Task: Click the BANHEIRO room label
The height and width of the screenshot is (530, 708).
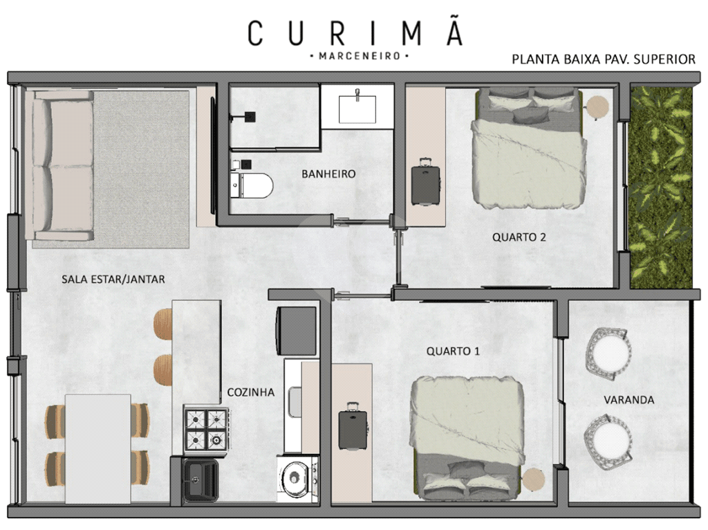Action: pyautogui.click(x=328, y=174)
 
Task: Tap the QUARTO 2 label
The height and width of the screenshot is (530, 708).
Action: pyautogui.click(x=519, y=237)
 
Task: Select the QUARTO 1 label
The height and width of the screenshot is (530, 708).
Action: pyautogui.click(x=453, y=351)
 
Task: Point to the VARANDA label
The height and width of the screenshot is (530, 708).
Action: pyautogui.click(x=629, y=400)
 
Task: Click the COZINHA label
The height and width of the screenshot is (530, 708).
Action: pyautogui.click(x=250, y=392)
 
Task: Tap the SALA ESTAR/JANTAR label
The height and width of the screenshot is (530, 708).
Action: pyautogui.click(x=113, y=280)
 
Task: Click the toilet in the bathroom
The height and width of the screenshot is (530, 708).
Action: pyautogui.click(x=252, y=185)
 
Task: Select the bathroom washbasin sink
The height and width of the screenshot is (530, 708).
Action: pyautogui.click(x=357, y=107)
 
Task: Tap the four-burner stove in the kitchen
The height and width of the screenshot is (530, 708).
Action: pyautogui.click(x=206, y=429)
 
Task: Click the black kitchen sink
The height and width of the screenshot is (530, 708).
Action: pyautogui.click(x=200, y=480)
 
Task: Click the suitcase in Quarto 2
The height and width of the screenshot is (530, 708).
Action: pyautogui.click(x=426, y=182)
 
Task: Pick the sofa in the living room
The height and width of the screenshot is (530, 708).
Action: pyautogui.click(x=59, y=165)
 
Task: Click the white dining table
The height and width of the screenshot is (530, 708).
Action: pyautogui.click(x=98, y=448)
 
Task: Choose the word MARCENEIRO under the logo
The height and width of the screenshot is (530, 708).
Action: pyautogui.click(x=360, y=57)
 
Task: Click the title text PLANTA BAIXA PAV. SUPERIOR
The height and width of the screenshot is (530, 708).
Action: pyautogui.click(x=604, y=60)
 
